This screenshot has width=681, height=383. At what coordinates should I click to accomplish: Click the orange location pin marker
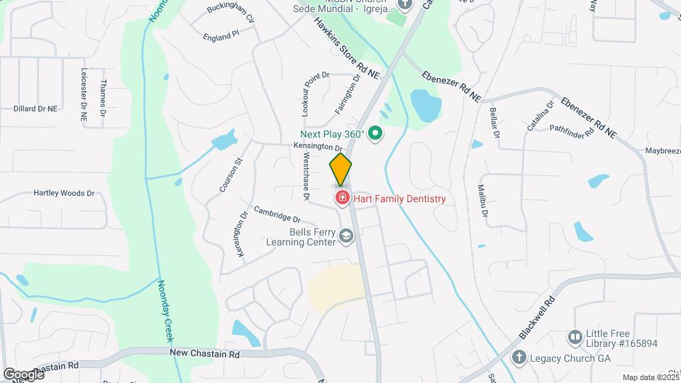pyautogui.click(x=340, y=169)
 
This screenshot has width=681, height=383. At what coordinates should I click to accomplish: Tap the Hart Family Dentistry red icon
pyautogui.click(x=342, y=198)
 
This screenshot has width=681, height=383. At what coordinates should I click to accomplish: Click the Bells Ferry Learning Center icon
pyautogui.click(x=346, y=236)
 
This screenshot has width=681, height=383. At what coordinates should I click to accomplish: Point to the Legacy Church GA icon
pyautogui.click(x=519, y=358)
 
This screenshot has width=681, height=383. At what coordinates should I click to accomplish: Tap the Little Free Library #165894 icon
pyautogui.click(x=575, y=335)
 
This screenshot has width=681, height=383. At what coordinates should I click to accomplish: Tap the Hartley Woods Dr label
pyautogui.click(x=64, y=193)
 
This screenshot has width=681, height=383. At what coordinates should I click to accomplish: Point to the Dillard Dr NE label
pyautogui.click(x=35, y=109)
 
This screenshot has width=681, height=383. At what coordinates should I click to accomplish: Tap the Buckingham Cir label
pyautogui.click(x=231, y=11)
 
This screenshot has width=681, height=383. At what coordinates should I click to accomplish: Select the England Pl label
pyautogui.click(x=221, y=35)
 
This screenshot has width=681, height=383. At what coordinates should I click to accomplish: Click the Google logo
pyautogui.click(x=23, y=374)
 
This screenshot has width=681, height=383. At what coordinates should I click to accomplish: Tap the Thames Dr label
pyautogui.click(x=103, y=99)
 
